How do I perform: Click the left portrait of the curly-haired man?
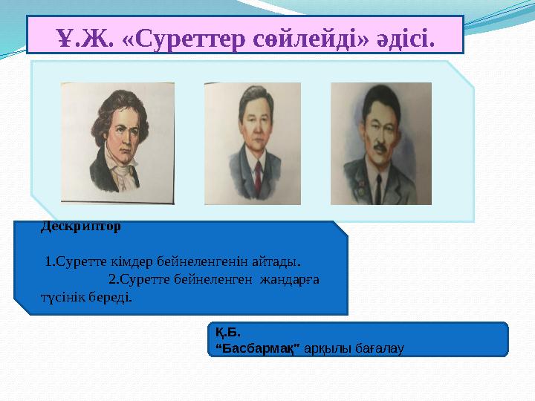pyautogui.click(x=117, y=143)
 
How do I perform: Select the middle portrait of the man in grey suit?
pyautogui.click(x=253, y=143)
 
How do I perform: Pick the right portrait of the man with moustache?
pyautogui.click(x=380, y=143)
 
